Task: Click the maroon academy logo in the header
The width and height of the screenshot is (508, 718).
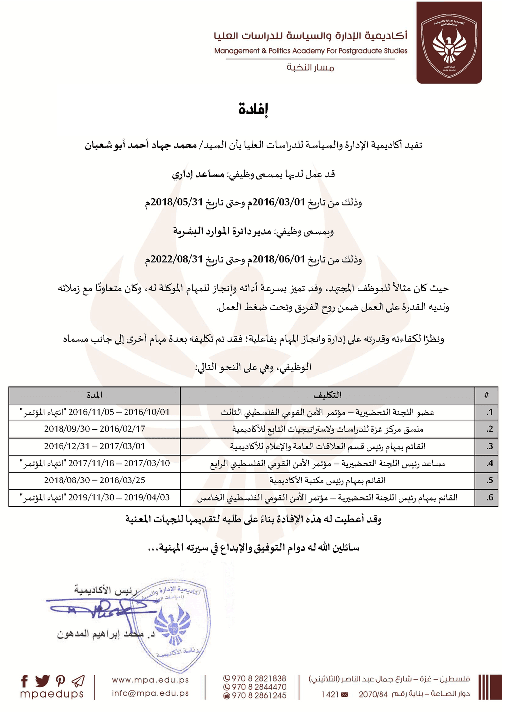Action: tap(449, 43)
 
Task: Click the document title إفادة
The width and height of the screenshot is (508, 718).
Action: tap(253, 109)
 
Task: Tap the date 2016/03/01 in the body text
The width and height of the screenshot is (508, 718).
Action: tap(278, 202)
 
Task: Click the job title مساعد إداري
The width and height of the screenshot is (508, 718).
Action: tap(198, 174)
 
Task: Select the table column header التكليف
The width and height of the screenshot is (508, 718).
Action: tap(327, 395)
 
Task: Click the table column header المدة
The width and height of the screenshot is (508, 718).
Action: tap(94, 395)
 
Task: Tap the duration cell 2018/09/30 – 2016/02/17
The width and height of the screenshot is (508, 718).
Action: tap(95, 429)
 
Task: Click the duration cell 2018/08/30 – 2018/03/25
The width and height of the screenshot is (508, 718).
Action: tap(95, 480)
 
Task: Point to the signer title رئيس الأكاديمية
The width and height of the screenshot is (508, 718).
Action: tap(106, 590)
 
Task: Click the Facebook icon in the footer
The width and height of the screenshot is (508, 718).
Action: tap(25, 681)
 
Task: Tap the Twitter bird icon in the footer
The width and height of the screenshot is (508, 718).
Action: tap(43, 681)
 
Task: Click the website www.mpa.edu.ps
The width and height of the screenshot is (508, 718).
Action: tap(150, 680)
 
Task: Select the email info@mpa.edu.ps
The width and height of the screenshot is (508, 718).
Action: tap(150, 693)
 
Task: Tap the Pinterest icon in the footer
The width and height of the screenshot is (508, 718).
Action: tap(61, 681)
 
